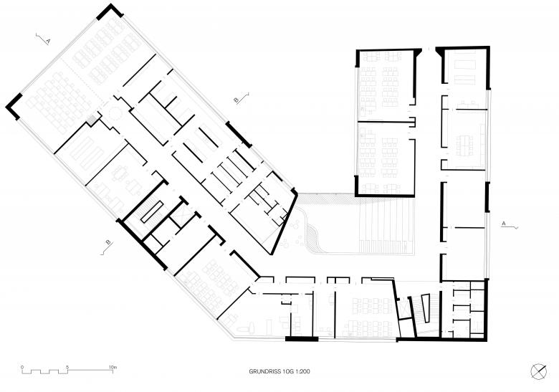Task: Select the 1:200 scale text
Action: point(303,371)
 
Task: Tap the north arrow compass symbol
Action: point(538,372)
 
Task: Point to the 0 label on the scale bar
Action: point(22,367)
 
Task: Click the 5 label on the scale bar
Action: point(67,367)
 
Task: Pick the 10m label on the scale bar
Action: point(113,367)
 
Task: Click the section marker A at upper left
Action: point(43,39)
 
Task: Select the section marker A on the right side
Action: point(510,224)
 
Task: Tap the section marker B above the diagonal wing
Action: point(241,98)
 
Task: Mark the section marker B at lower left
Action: point(107,247)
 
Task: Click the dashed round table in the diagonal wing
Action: point(115,114)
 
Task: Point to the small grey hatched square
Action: point(92,120)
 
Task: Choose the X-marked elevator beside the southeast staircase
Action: point(404,307)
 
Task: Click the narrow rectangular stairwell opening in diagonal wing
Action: point(152,212)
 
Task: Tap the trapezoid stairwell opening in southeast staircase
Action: point(426,308)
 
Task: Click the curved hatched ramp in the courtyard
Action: point(313,238)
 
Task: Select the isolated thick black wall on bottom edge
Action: point(302,339)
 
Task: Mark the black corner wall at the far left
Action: point(14,106)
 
